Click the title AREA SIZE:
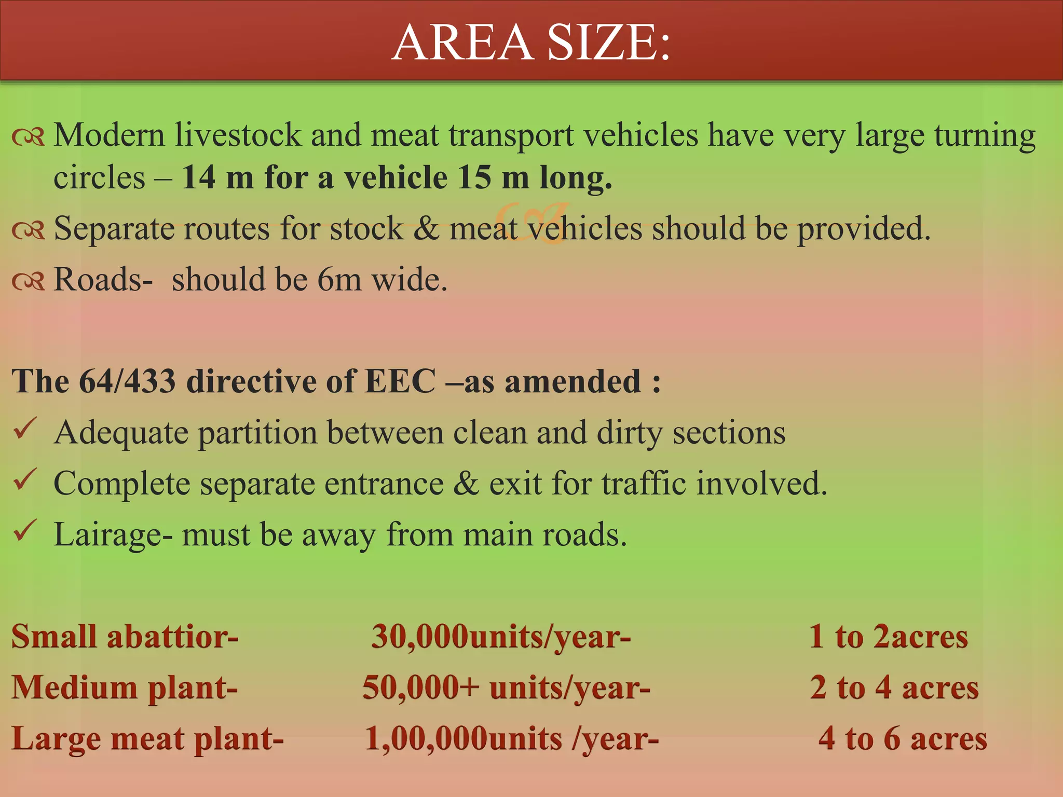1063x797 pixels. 531,42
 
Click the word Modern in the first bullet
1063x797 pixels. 110,135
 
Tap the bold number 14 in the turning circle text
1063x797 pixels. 198,177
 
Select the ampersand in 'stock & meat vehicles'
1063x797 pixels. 426,229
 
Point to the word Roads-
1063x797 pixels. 103,280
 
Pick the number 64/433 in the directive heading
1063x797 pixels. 127,381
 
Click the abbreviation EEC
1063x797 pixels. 400,381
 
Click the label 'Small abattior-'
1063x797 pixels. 125,636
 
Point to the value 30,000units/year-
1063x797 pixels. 501,636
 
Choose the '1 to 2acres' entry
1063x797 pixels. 888,636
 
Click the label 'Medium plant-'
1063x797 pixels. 125,688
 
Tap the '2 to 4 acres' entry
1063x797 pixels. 894,688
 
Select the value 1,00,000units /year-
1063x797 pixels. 511,738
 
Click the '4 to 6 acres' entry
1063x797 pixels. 903,738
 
